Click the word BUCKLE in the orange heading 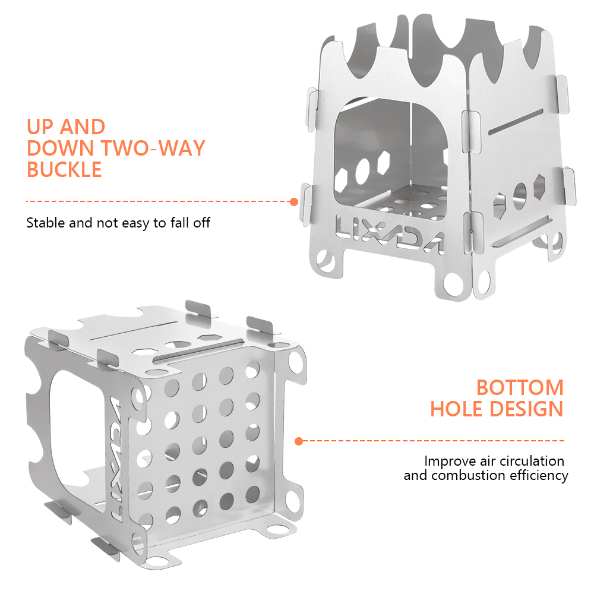tap(64, 169)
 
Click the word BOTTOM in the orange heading tap(520, 387)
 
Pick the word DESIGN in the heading tap(526, 409)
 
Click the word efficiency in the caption tap(539, 475)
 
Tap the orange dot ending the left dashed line tap(293, 202)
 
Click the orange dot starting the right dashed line tap(299, 441)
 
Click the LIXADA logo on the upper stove tap(390, 233)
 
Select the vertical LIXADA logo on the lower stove tap(116, 459)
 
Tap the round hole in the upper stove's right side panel tap(519, 196)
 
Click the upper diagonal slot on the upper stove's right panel tap(516, 122)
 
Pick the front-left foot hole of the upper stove tap(325, 261)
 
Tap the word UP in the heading tap(40, 127)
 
